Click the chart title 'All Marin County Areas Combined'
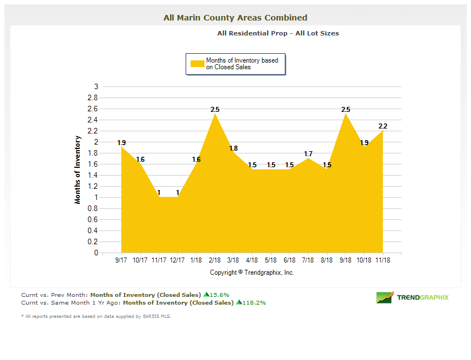coord(235,18)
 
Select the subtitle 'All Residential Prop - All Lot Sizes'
coord(278,33)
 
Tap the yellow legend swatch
coord(197,64)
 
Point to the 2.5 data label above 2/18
coord(215,110)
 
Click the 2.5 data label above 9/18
coord(346,110)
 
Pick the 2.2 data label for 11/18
coord(383,126)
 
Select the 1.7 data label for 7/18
coord(308,154)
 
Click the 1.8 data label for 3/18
coord(233,148)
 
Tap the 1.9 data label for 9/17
coord(122,143)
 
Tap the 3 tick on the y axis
coord(96,86)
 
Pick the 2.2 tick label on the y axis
coord(93,131)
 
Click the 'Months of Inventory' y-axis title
coord(78,169)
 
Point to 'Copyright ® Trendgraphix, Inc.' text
coord(252,272)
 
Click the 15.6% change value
coord(219,295)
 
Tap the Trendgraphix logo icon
coord(385,297)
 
